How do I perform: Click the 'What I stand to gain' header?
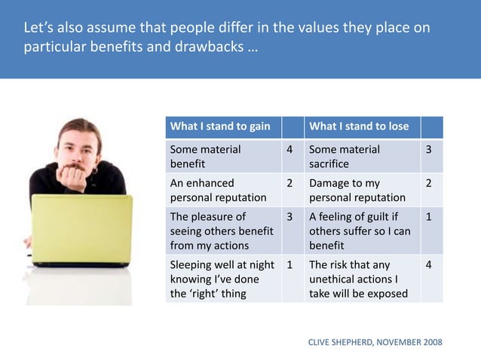pyautogui.click(x=220, y=126)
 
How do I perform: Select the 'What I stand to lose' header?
pyautogui.click(x=359, y=126)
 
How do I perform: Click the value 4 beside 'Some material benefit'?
pyautogui.click(x=290, y=149)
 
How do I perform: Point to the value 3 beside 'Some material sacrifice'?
pyautogui.click(x=429, y=149)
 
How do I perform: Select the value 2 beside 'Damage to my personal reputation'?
pyautogui.click(x=429, y=183)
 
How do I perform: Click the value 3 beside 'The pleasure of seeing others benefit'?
pyautogui.click(x=290, y=217)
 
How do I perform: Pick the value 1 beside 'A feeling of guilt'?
pyautogui.click(x=429, y=217)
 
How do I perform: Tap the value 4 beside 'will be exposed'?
pyautogui.click(x=429, y=265)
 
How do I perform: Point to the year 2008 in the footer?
pyautogui.click(x=432, y=343)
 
